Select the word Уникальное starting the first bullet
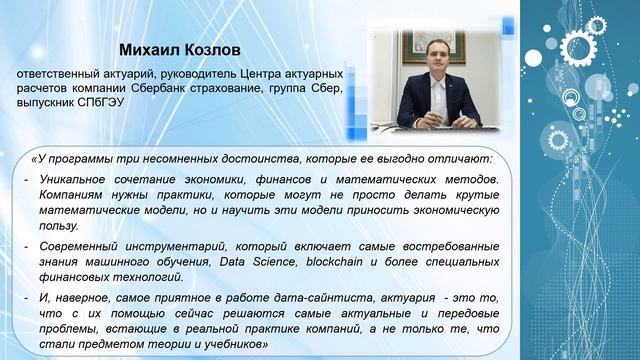coord(74,176)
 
